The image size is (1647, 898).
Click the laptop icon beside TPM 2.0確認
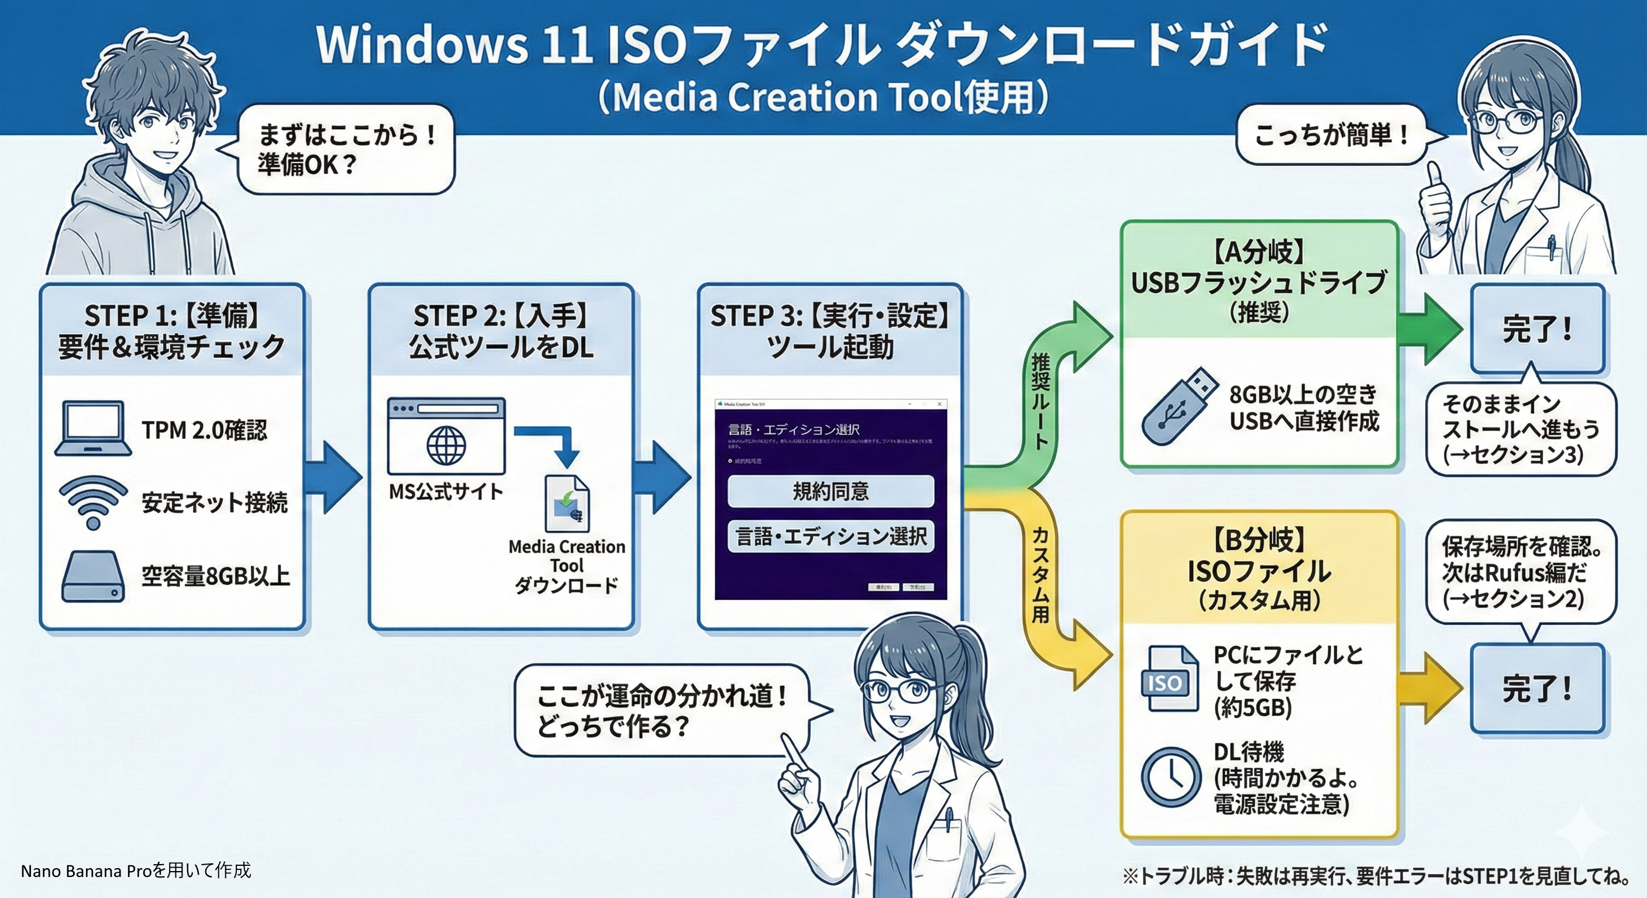click(94, 430)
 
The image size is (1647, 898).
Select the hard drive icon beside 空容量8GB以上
click(94, 577)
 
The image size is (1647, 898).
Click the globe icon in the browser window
click(446, 445)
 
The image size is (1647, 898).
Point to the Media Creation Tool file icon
click(567, 503)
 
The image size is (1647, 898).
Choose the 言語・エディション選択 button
click(831, 536)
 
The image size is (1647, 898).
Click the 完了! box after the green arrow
click(1537, 330)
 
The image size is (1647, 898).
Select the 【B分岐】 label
click(1258, 541)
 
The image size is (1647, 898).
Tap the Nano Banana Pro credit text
click(136, 871)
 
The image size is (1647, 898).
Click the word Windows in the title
click(422, 45)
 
